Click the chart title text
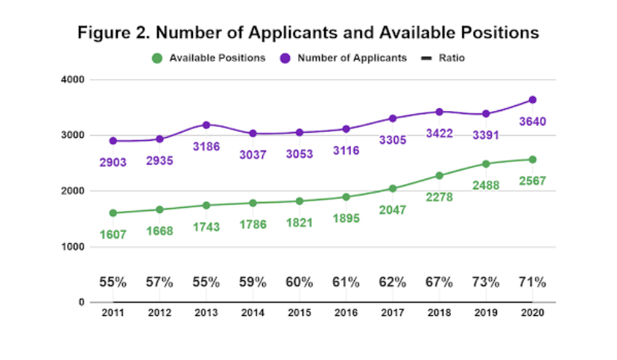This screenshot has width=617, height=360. [308, 34]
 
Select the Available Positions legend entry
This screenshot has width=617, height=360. [210, 58]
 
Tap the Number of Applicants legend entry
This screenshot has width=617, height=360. [347, 58]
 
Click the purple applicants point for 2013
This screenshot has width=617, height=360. [206, 124]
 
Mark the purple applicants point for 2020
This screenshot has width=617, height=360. [533, 100]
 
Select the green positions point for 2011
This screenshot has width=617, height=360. [113, 213]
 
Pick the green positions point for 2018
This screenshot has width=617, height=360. [440, 176]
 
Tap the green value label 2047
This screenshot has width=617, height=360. [393, 210]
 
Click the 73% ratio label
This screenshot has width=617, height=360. [486, 282]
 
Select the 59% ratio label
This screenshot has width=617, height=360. [252, 282]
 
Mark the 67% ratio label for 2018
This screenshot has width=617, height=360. [439, 282]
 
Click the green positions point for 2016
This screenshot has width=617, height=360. [346, 198]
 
